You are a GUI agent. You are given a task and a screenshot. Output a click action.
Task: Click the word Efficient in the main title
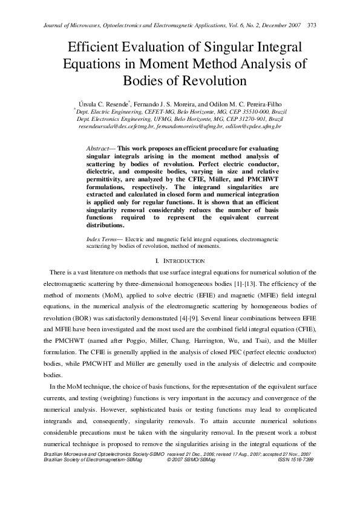99,48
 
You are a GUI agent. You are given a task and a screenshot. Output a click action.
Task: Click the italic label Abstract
97,148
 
